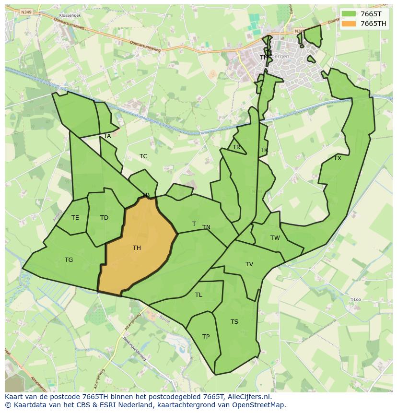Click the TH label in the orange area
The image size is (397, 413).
click(137, 248)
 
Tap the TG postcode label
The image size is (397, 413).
click(69, 260)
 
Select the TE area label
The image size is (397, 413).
click(75, 218)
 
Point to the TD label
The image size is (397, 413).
click(104, 218)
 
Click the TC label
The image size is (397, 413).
click(143, 156)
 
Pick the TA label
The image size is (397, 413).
click(107, 136)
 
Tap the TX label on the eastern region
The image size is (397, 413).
click(338, 158)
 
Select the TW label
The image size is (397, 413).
click(275, 238)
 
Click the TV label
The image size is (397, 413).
click(249, 264)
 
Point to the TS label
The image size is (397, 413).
click(234, 322)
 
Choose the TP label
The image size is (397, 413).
click(206, 337)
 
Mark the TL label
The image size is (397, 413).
click(198, 295)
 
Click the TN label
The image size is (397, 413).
click(206, 227)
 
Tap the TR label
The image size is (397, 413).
click(236, 147)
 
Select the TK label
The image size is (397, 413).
click(264, 150)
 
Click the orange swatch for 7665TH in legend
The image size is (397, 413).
click(349, 24)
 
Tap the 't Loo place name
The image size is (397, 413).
click(355, 299)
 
